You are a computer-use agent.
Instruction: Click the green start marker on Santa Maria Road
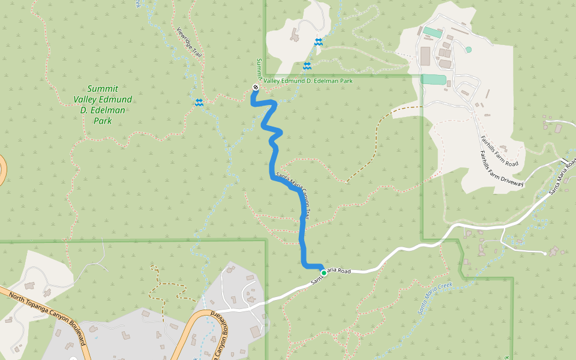coord(324,272)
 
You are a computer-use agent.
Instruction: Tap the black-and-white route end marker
coord(256,88)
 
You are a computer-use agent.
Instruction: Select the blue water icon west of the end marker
coord(199,103)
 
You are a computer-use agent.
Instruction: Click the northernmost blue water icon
coord(318,41)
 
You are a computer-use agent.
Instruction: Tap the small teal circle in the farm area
coord(468,49)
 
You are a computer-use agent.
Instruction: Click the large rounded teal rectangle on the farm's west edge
coord(433,79)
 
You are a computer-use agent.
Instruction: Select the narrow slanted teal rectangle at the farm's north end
coord(432,31)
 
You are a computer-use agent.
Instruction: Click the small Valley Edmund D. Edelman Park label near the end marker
coord(308,81)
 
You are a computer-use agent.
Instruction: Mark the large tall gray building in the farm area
coord(425,56)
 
